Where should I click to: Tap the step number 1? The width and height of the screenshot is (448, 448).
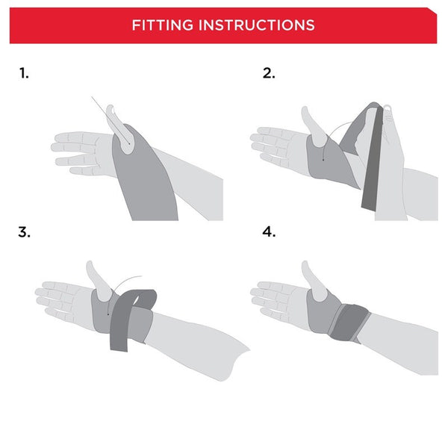(24, 73)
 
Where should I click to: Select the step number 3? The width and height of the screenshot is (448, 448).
(25, 231)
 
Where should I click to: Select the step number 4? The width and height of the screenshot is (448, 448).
(269, 231)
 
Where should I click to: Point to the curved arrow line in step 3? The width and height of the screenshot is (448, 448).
(127, 280)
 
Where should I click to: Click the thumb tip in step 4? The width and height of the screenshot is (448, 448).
(306, 267)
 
